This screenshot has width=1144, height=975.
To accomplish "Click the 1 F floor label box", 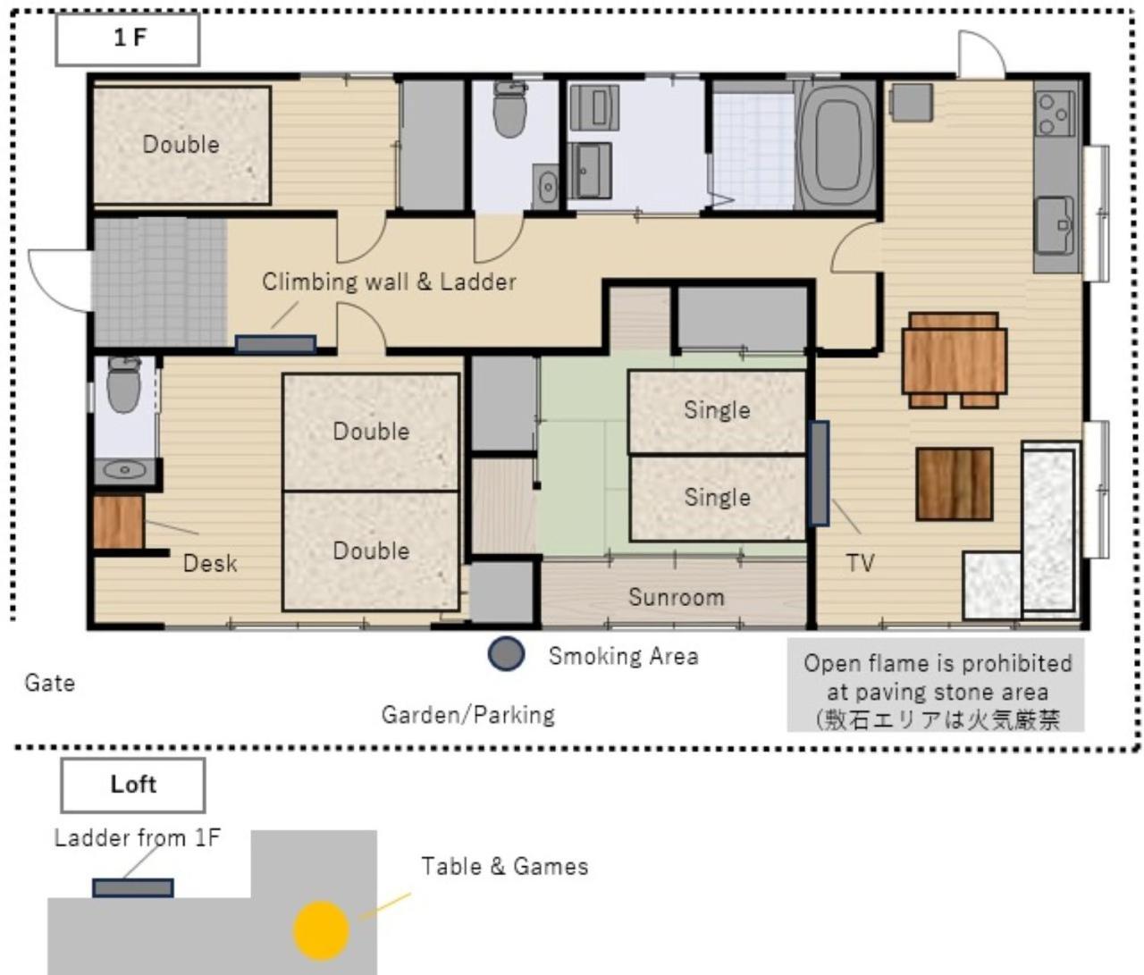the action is click(127, 39).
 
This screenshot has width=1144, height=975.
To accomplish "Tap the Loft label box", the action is click(133, 785).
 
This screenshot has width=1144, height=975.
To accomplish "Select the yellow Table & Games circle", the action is click(321, 930).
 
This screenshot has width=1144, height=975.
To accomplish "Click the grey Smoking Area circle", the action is click(506, 653).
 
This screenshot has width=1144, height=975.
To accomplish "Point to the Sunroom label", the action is click(676, 597).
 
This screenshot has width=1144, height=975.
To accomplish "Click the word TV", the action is click(860, 563).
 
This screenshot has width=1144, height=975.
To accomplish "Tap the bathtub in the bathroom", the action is click(835, 145).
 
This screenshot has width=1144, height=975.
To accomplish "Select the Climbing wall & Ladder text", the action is click(389, 282).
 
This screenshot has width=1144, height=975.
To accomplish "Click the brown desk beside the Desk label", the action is click(119, 522).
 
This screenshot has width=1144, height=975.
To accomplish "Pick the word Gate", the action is click(49, 683).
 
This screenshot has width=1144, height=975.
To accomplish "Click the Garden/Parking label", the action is click(468, 715).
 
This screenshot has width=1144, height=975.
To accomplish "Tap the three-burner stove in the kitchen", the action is click(1056, 113).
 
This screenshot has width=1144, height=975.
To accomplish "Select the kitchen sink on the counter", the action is click(1056, 224).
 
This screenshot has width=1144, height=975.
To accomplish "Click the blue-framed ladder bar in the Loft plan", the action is click(133, 888).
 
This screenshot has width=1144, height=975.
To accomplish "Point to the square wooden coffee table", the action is click(954, 484).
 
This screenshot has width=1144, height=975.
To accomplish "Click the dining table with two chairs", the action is click(955, 360).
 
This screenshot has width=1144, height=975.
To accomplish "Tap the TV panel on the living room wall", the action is click(820, 473).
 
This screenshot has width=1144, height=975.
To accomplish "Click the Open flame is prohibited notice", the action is click(936, 685).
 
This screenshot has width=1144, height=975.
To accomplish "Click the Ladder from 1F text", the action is click(138, 837).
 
